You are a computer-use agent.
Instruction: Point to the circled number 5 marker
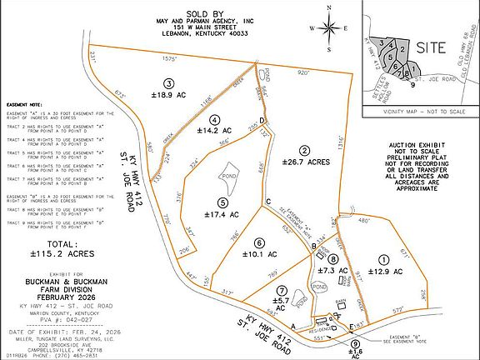[x=222, y=202]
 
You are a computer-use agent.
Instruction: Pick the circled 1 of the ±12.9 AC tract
[x=385, y=259]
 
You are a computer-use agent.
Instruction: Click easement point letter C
[x=268, y=202]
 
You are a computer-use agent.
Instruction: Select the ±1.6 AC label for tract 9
[x=357, y=353]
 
